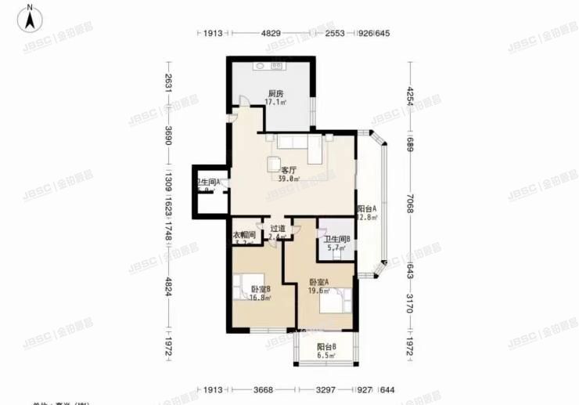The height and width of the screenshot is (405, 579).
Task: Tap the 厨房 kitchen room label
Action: [275, 92]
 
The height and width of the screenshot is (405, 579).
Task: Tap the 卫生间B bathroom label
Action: [337, 239]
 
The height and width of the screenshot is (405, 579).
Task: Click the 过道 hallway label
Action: [276, 227]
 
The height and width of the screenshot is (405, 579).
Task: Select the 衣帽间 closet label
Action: [244, 235]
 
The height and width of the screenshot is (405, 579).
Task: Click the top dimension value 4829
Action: [271, 34]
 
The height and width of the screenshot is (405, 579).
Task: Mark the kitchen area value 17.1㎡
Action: [275, 103]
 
